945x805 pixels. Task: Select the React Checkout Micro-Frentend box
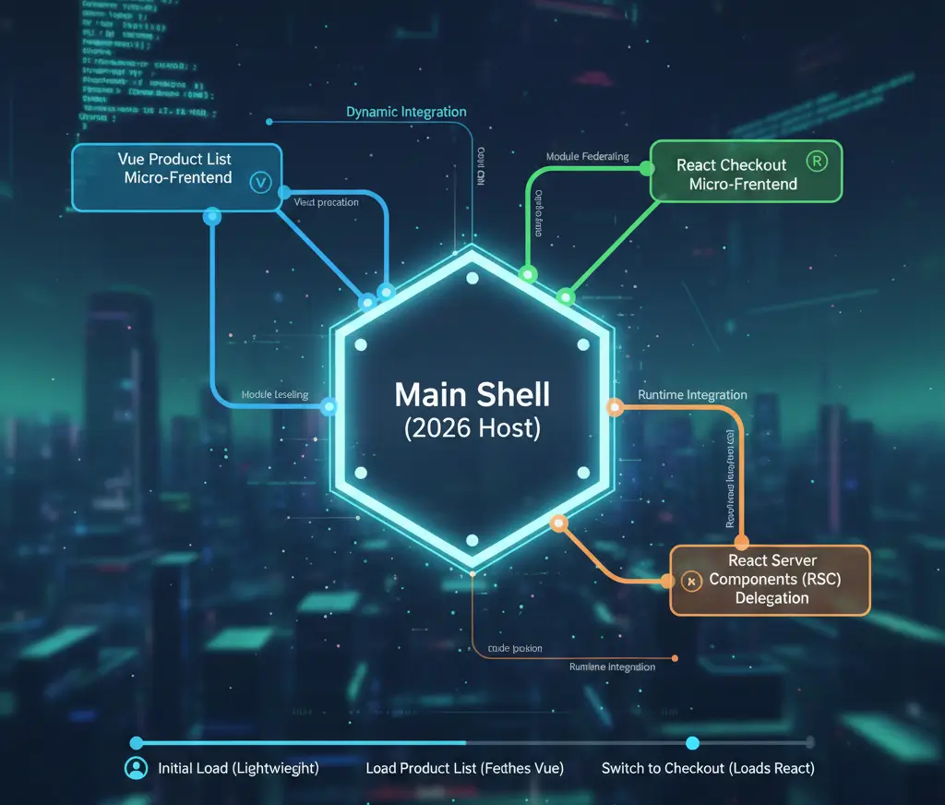(x=746, y=172)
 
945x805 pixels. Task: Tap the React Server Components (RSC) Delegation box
(x=770, y=580)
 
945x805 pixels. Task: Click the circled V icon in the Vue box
(x=259, y=183)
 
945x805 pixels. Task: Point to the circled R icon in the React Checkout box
(x=817, y=160)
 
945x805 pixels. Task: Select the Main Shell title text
(x=472, y=395)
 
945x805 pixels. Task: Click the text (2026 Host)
(x=472, y=428)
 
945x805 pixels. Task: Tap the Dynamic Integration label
(x=406, y=112)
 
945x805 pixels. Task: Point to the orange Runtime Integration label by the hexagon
(x=692, y=395)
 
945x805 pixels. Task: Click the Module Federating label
(x=587, y=157)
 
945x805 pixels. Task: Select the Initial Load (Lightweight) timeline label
(x=238, y=768)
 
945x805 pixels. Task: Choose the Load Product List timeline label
(x=464, y=768)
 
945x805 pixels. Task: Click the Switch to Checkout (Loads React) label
(x=708, y=768)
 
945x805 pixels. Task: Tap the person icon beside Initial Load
(x=136, y=768)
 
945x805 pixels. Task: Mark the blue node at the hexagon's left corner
(x=328, y=405)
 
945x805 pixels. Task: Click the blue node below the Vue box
(x=212, y=217)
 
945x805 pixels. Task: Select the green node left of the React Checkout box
(x=646, y=170)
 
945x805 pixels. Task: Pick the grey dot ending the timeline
(x=809, y=742)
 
